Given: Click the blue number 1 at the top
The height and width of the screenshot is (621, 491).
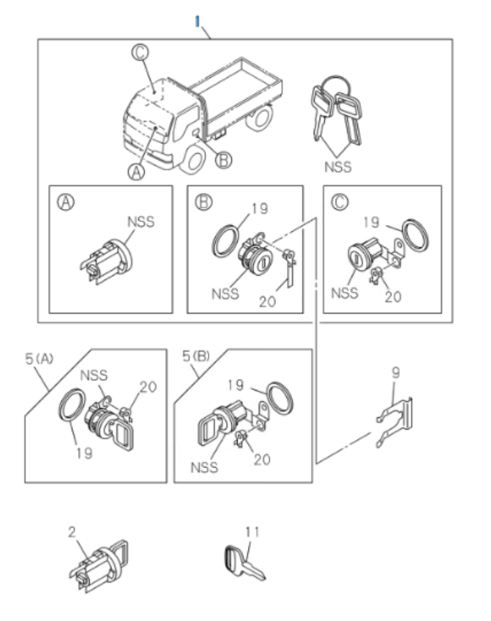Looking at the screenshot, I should tap(197, 21).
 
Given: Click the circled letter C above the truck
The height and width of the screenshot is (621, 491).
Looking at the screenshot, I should tap(139, 52).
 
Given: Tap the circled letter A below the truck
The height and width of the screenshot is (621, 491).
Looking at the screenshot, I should tap(136, 172).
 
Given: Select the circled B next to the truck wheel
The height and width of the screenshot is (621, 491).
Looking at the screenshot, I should tap(223, 160).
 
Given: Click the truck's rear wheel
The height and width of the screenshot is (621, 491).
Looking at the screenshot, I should tap(262, 116).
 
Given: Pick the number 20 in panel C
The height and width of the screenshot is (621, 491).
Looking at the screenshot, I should tap(392, 297).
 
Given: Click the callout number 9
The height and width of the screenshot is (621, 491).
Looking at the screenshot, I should tap(395, 373).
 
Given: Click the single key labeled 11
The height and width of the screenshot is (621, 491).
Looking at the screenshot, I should tap(245, 563).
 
